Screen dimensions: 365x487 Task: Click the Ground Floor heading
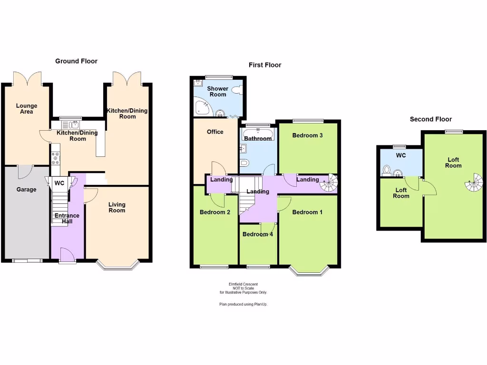(x=76, y=61)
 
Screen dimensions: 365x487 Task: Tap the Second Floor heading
(x=431, y=119)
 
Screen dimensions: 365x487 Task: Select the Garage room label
(x=27, y=190)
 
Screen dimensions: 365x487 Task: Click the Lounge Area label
(x=26, y=108)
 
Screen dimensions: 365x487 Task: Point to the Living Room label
(x=117, y=207)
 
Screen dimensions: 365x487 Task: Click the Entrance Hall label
(x=67, y=219)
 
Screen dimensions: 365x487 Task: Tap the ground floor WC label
(x=59, y=183)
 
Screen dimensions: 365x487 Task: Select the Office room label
(x=215, y=132)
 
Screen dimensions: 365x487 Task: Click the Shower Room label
(x=217, y=91)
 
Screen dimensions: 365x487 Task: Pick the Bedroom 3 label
(x=307, y=135)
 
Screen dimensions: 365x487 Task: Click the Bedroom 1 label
(x=307, y=212)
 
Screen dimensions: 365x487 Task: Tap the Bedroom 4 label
(x=257, y=234)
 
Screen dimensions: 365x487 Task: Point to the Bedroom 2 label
(x=215, y=212)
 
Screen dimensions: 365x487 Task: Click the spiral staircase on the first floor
(x=328, y=183)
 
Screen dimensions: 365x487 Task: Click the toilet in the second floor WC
(x=387, y=170)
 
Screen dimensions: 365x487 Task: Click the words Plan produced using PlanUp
(x=243, y=304)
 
